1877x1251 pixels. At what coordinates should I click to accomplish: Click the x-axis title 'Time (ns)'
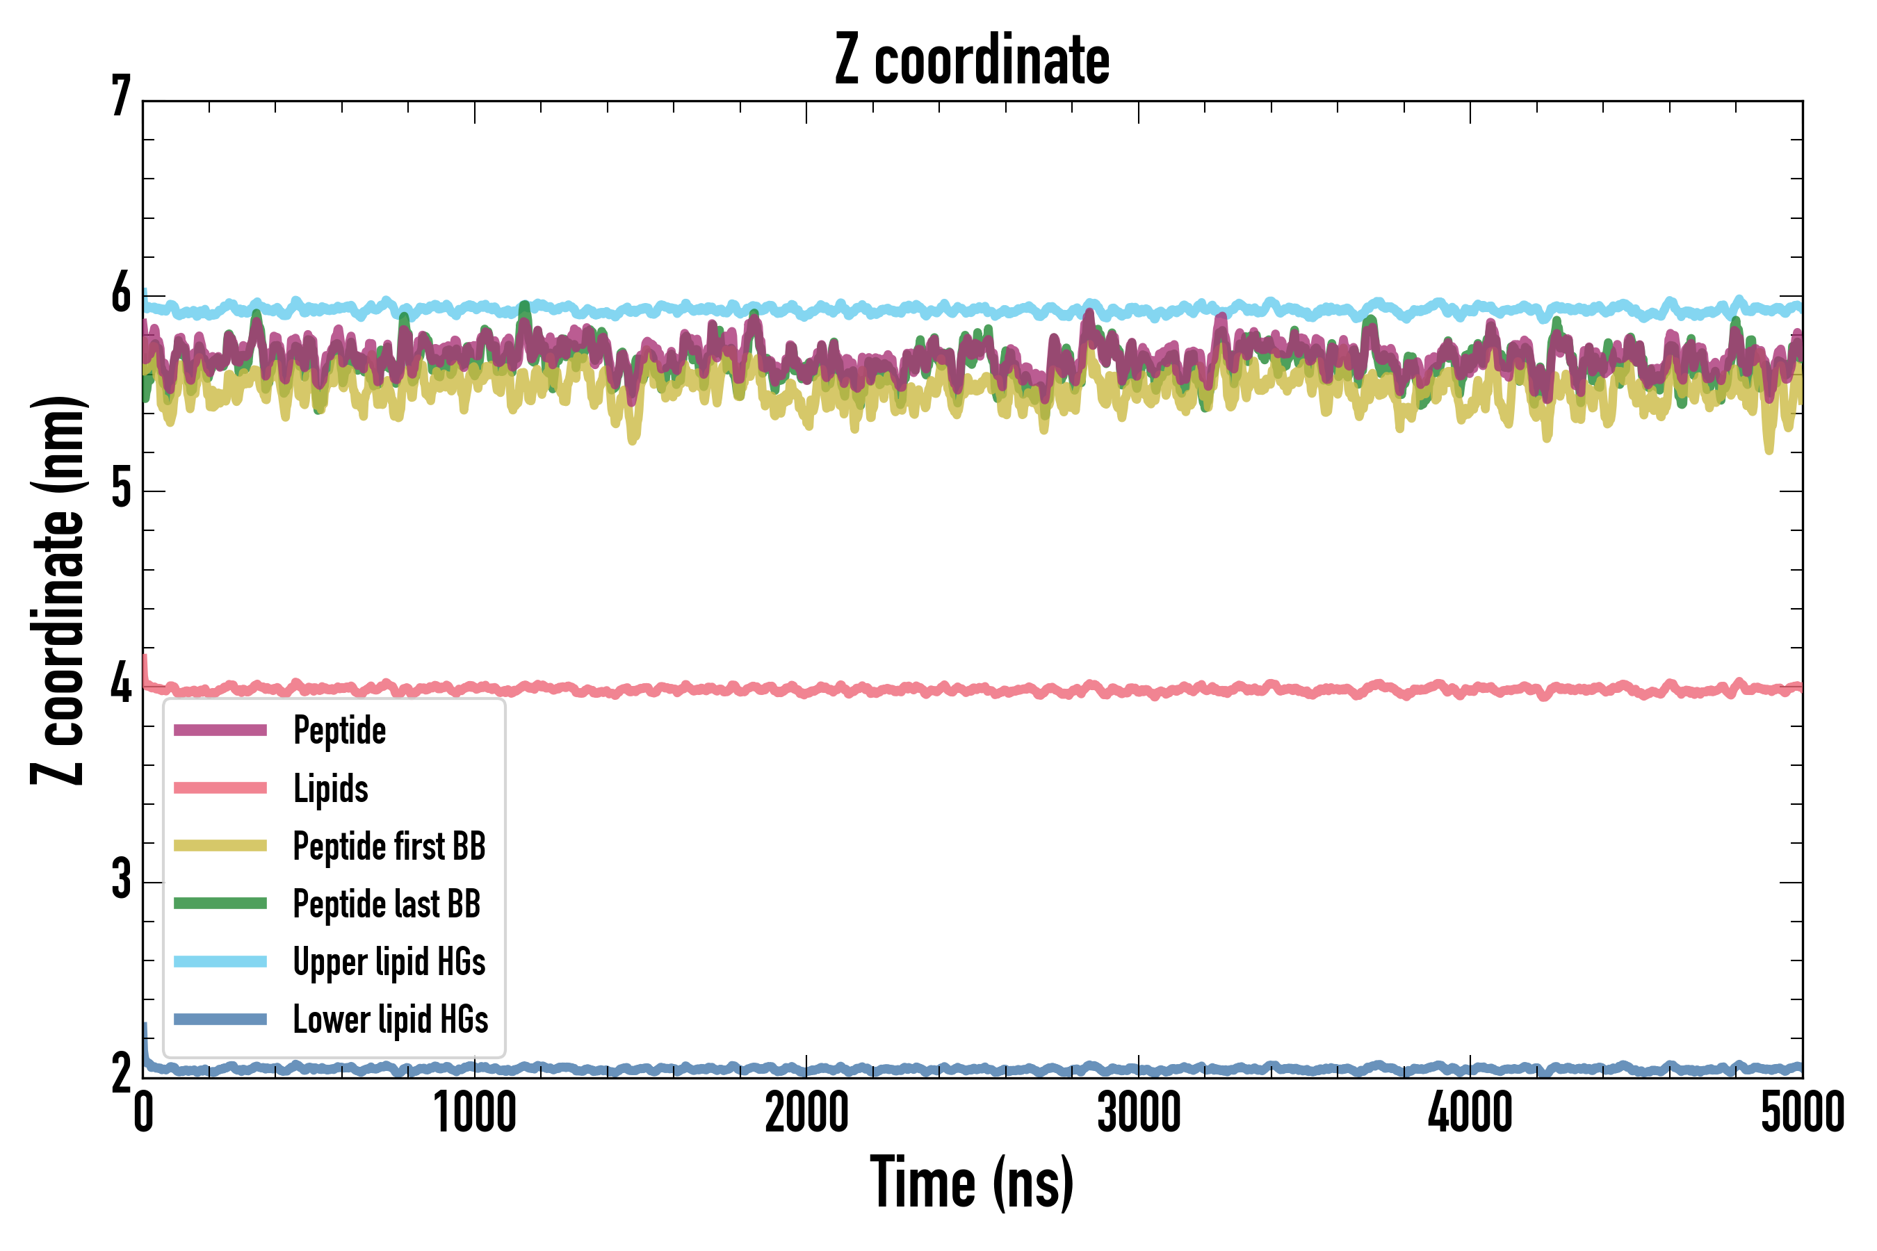click(972, 1183)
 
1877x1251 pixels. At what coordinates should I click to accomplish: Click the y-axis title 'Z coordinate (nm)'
click(58, 590)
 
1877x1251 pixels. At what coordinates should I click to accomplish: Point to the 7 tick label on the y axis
click(121, 97)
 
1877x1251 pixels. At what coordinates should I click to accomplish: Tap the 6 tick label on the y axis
click(121, 293)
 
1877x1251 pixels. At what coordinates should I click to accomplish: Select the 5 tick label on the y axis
click(121, 489)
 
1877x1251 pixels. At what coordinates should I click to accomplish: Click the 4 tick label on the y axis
click(121, 685)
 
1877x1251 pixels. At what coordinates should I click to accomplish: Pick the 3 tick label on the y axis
click(121, 880)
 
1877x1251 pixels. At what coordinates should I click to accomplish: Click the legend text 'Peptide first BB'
click(389, 847)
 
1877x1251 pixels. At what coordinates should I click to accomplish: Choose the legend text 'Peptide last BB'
click(387, 904)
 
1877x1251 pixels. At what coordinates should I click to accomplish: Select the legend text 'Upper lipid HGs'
click(389, 961)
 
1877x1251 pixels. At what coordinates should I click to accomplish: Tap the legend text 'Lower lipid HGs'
click(391, 1020)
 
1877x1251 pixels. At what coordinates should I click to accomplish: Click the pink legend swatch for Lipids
click(220, 788)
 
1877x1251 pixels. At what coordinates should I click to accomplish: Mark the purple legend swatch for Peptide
click(220, 730)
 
